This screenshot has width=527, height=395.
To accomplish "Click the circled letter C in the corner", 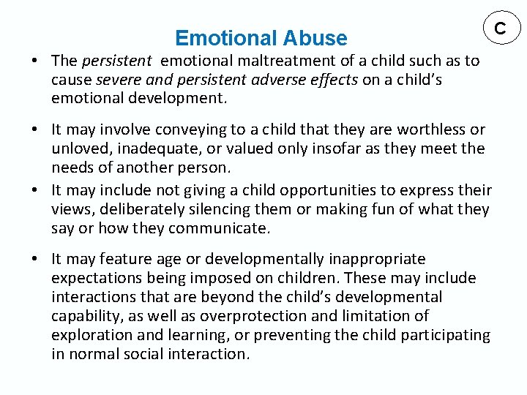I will point(501,29).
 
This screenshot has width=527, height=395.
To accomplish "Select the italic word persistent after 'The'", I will point(116,61).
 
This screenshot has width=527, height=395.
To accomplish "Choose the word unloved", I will point(77,148).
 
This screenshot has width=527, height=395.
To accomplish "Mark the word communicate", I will point(219,229).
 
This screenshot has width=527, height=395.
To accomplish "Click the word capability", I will point(83,316).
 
